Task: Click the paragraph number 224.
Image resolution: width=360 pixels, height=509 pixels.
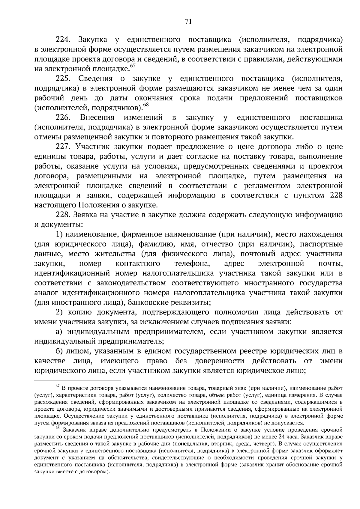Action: tap(63, 40)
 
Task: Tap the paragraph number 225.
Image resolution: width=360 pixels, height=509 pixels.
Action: tap(63, 79)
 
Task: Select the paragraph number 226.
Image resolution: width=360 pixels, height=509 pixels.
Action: tap(63, 118)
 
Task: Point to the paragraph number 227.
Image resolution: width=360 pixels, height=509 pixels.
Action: tap(63, 147)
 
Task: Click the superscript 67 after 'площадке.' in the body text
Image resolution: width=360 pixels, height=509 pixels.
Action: tap(133, 66)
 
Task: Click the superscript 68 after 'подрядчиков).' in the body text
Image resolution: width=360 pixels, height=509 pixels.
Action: tap(146, 105)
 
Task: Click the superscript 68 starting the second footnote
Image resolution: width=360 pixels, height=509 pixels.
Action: tap(58, 429)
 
